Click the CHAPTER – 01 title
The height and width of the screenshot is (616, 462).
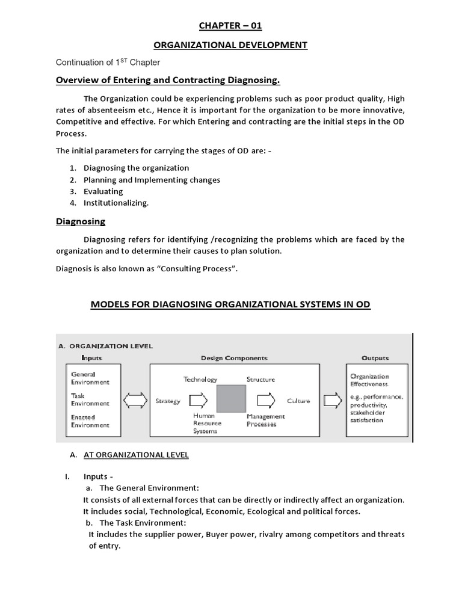(x=231, y=26)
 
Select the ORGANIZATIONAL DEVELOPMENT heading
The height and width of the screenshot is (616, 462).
(x=231, y=45)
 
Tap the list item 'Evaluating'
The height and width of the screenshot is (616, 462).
(x=103, y=191)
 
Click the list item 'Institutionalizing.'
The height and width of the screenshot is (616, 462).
(x=115, y=203)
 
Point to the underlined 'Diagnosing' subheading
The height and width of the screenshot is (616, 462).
(x=81, y=221)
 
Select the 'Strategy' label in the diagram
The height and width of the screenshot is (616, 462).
(x=168, y=401)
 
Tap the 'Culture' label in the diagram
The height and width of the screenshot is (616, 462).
(x=298, y=401)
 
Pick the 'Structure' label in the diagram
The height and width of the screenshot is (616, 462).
(x=260, y=380)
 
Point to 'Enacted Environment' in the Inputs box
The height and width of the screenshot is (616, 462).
(x=90, y=421)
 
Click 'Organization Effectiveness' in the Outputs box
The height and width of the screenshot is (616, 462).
(x=369, y=380)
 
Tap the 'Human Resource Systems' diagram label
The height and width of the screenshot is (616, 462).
(x=207, y=423)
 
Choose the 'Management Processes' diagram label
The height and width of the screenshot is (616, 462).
(x=265, y=420)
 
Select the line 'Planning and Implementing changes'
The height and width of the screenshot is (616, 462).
(x=152, y=180)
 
